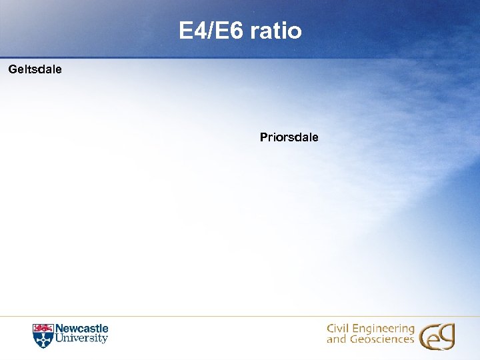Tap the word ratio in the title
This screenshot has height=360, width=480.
coord(276,31)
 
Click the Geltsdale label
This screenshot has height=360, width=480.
coord(35,69)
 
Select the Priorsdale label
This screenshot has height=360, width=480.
coord(289,137)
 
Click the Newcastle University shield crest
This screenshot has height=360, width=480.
coord(42,335)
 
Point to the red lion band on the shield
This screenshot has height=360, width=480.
coord(42,328)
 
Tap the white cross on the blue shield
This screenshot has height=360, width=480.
coord(42,339)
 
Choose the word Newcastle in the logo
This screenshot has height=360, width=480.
coord(81,329)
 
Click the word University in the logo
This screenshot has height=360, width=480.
coord(81,339)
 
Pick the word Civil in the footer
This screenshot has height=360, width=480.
coord(339,329)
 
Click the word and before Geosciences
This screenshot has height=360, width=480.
coord(336,339)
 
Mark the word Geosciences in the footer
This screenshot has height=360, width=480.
coord(381,339)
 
